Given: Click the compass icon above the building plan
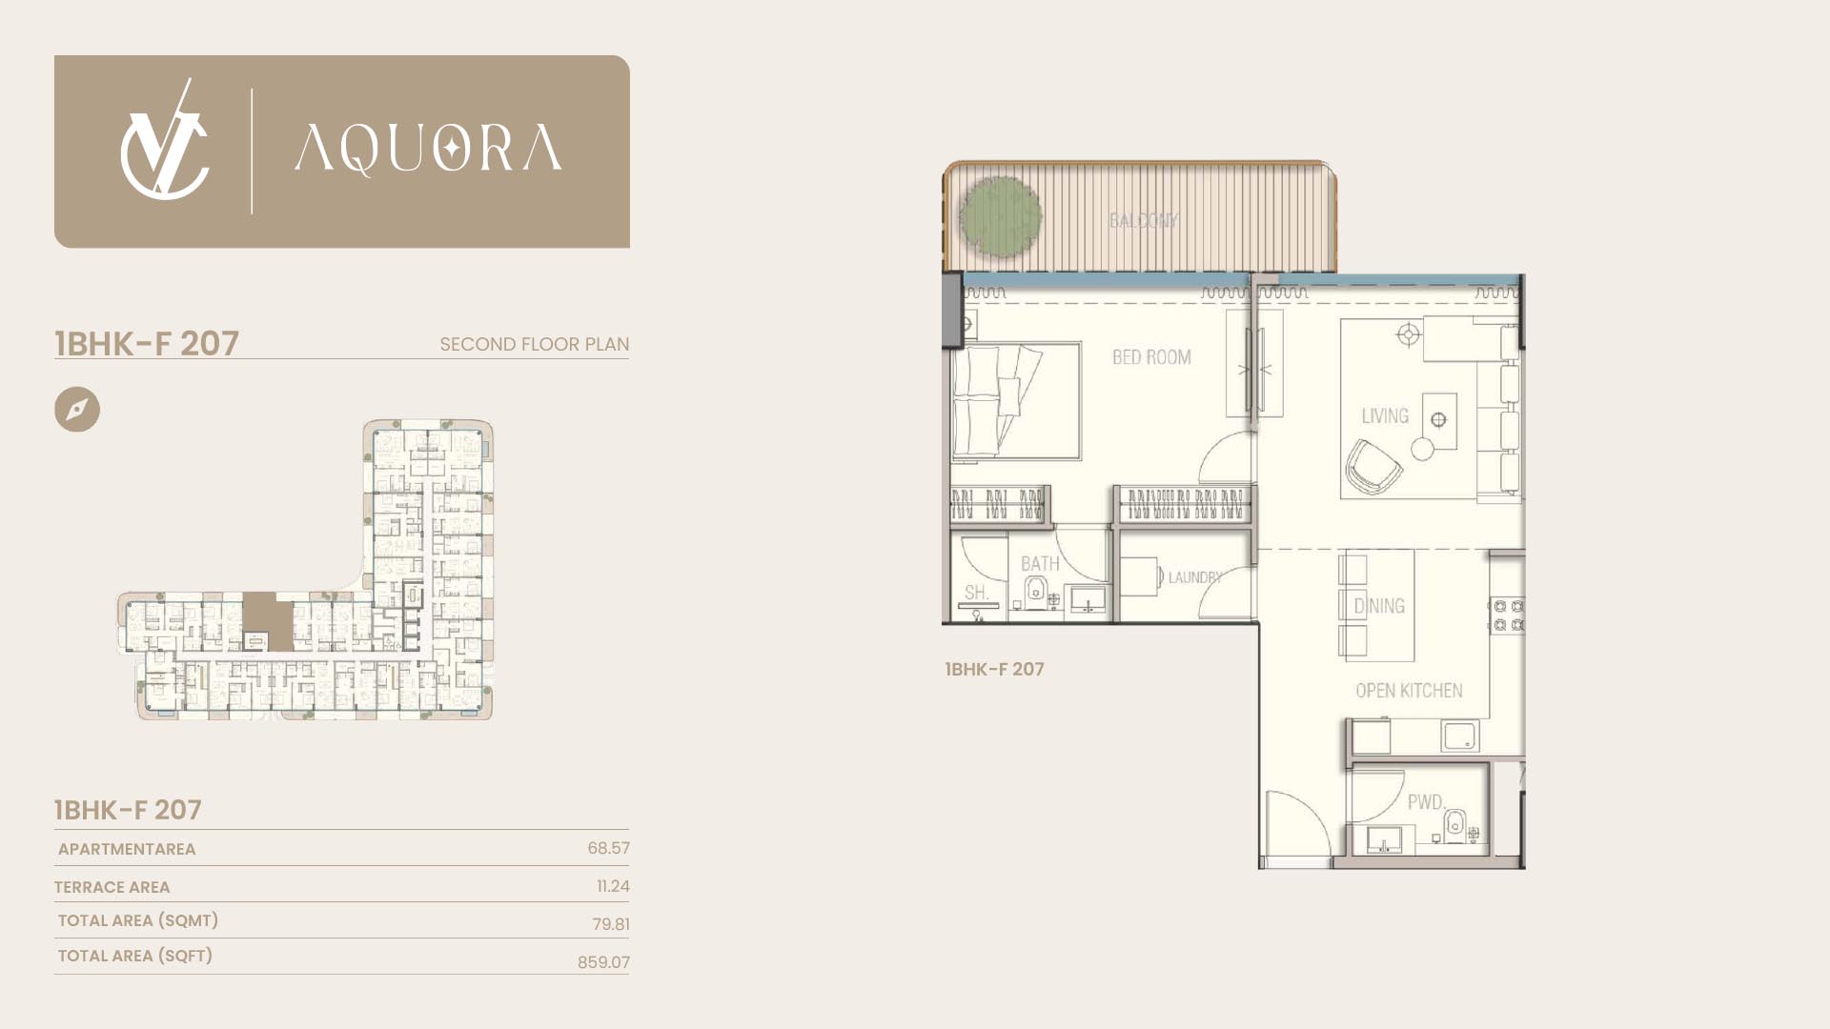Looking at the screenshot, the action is [77, 410].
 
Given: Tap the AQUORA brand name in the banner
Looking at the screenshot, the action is [428, 151].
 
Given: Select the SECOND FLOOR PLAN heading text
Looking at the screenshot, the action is [534, 344].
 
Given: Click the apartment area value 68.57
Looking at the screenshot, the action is [608, 848].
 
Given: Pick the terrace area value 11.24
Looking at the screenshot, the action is [613, 886].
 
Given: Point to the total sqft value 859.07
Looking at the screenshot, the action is [603, 962].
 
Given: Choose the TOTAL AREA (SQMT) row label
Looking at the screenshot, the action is [138, 920].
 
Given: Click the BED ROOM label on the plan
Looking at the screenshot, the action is [1151, 357].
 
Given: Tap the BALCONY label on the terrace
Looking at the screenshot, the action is [1144, 220].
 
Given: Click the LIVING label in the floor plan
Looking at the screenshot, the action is [1385, 416].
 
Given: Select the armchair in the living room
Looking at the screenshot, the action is [1372, 467].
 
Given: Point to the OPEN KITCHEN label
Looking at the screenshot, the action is [1409, 691].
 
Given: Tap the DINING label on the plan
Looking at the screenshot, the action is [1379, 606].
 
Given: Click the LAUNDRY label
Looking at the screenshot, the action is [1195, 577].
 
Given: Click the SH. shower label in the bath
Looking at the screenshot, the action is [976, 593].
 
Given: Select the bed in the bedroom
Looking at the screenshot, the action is [1016, 402].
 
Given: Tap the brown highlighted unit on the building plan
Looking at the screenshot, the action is [268, 621].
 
